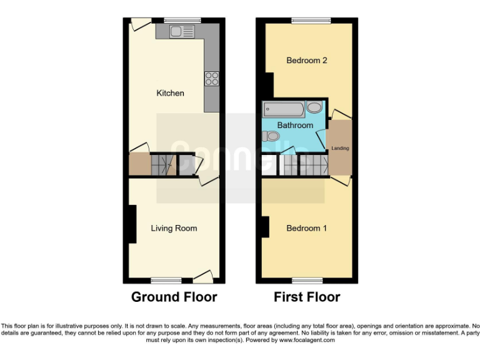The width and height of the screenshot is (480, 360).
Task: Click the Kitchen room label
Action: coord(170,93)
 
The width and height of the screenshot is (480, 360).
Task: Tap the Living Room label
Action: coord(174,228)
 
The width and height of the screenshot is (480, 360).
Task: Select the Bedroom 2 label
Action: coord(307,61)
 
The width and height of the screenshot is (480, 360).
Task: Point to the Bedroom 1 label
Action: coord(306,228)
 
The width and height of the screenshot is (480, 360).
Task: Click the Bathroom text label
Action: coord(295,125)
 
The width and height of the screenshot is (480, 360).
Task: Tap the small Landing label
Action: coord(341,148)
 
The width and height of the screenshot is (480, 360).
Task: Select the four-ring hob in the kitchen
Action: coord(212,79)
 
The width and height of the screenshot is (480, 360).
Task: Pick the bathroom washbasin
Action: coord(314,107)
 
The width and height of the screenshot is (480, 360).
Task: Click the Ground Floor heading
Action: coord(174,297)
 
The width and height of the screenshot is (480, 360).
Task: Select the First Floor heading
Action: coord(307,297)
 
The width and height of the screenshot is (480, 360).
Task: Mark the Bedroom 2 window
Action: coord(311,21)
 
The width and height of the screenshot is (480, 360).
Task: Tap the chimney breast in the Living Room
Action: coord(132,224)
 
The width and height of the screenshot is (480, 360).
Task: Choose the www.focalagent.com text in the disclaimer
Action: coord(307,341)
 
